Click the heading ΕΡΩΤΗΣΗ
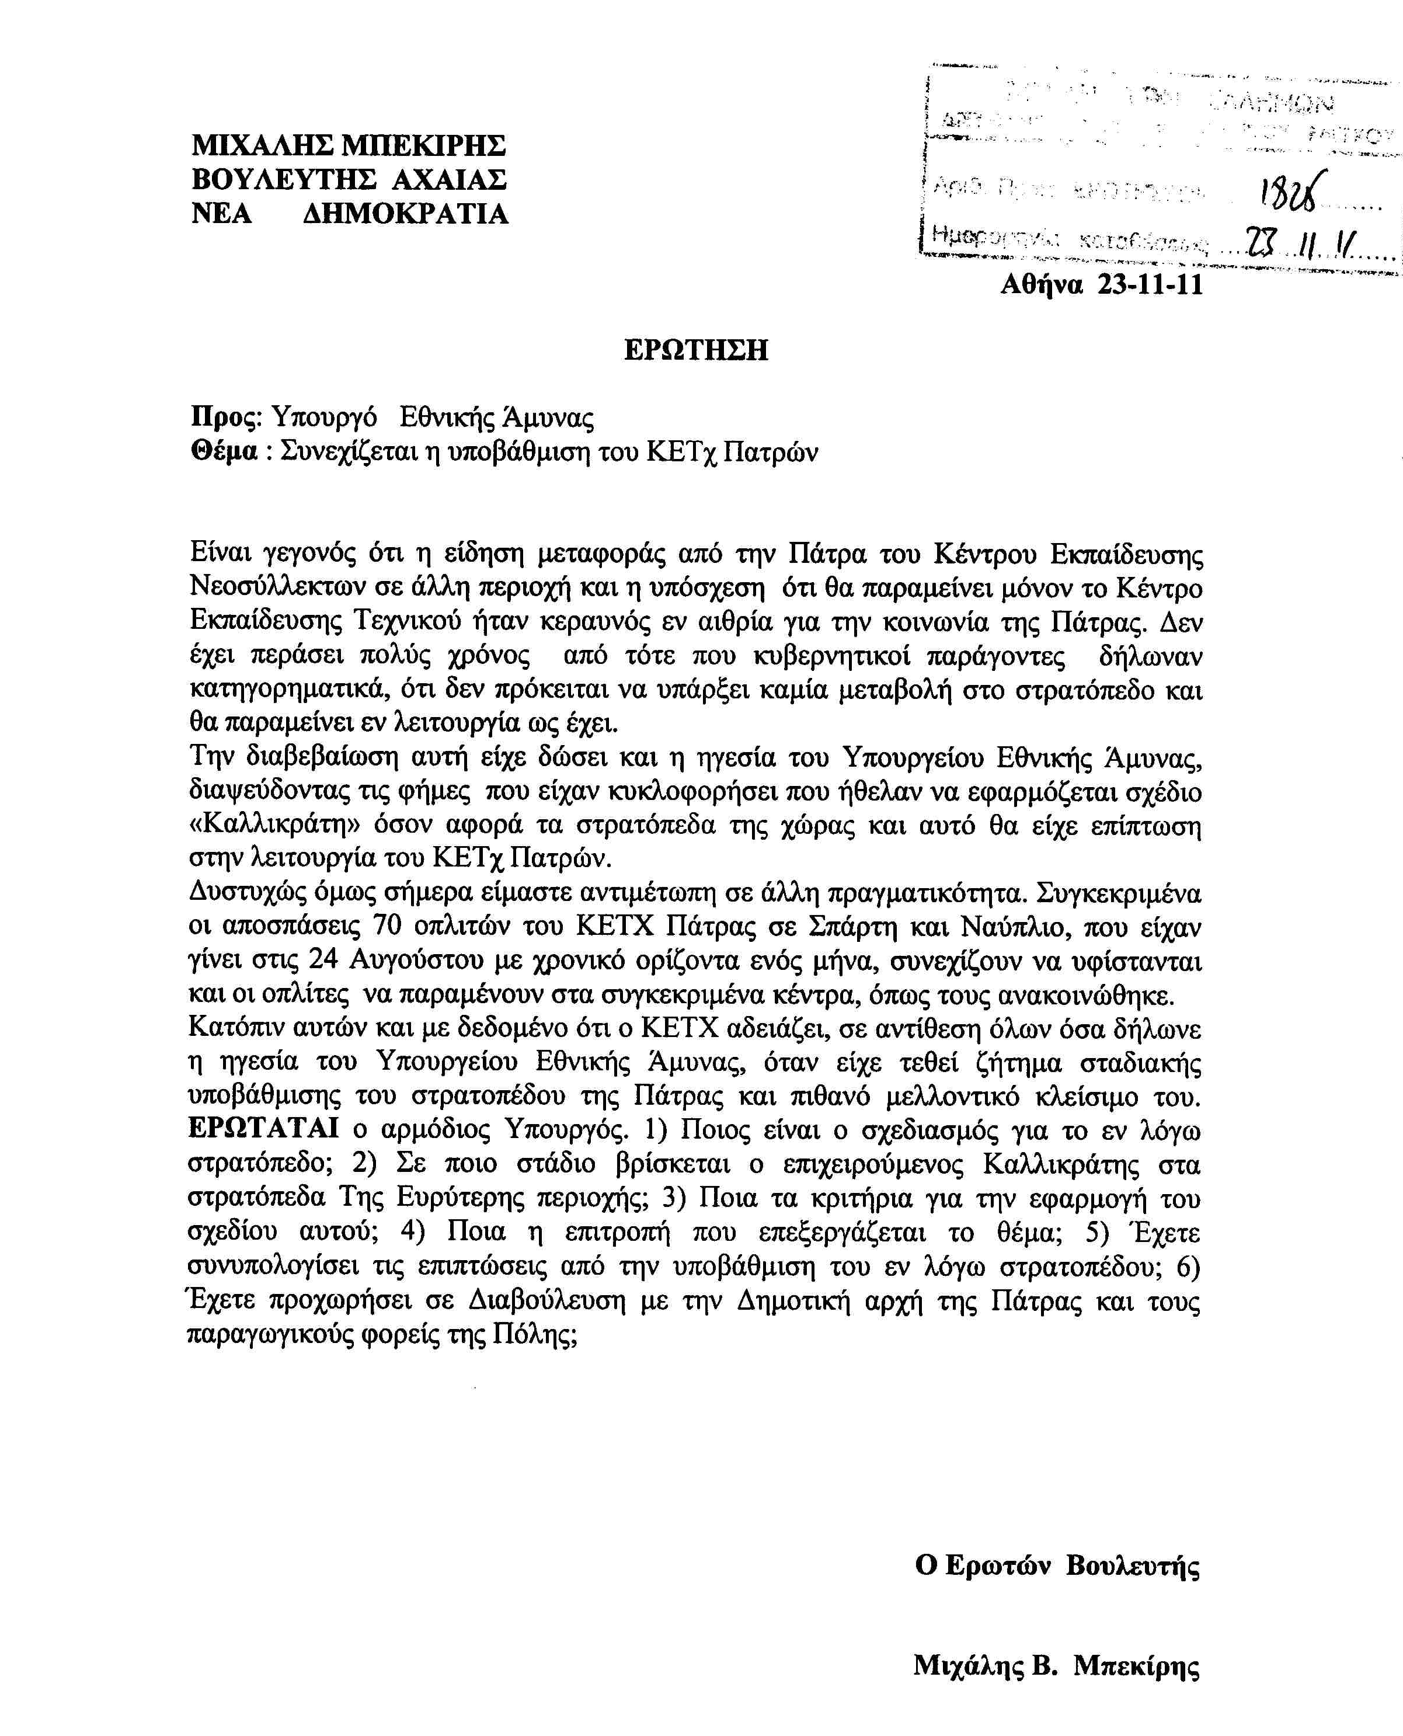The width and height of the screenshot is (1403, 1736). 696,350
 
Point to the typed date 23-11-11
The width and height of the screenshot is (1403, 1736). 1151,284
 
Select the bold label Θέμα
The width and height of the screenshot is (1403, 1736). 223,452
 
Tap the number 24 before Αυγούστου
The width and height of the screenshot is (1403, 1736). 326,961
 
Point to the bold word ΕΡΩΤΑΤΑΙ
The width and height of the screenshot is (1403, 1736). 263,1129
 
